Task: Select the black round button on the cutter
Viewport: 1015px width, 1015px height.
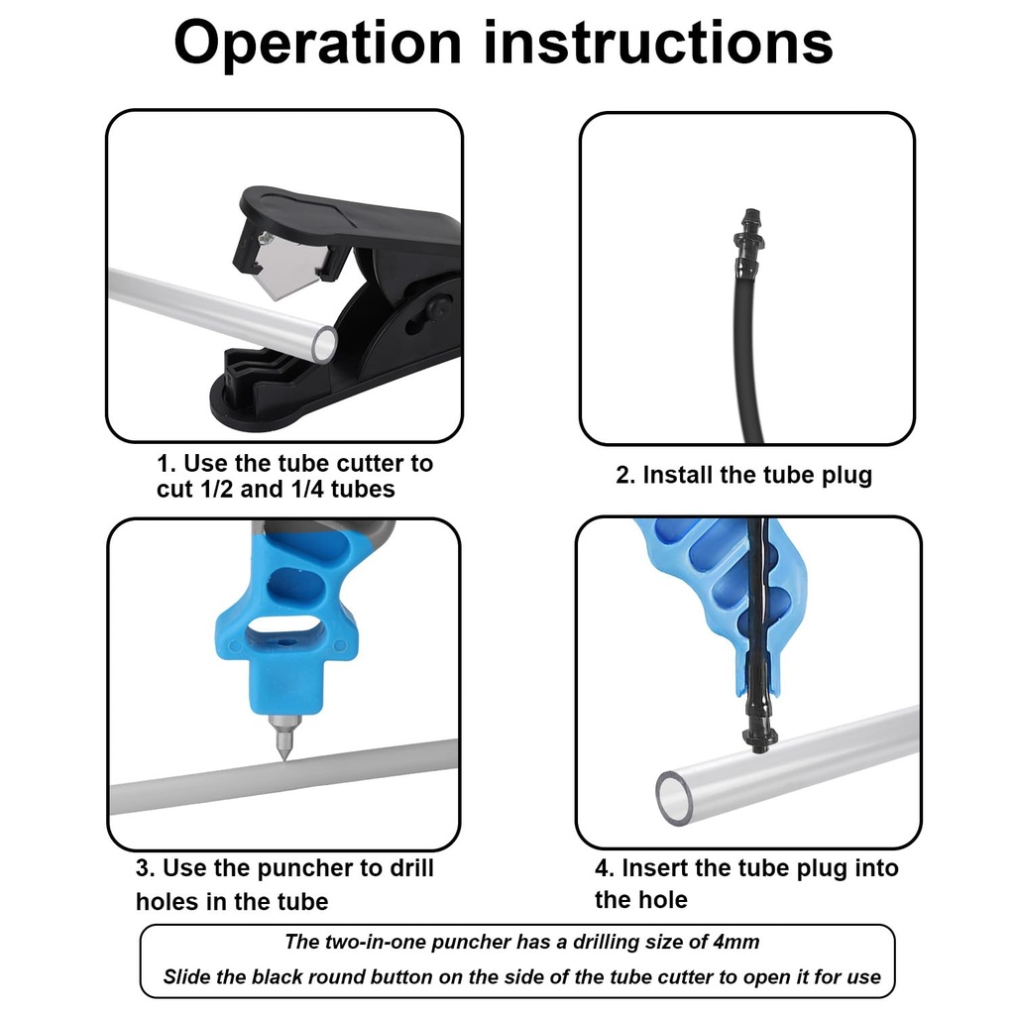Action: (432, 310)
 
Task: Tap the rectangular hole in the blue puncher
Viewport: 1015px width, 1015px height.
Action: (283, 631)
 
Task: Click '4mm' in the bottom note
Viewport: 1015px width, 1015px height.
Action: (735, 942)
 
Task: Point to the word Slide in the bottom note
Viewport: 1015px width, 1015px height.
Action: (187, 977)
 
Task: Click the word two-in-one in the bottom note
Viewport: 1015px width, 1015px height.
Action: (373, 942)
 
